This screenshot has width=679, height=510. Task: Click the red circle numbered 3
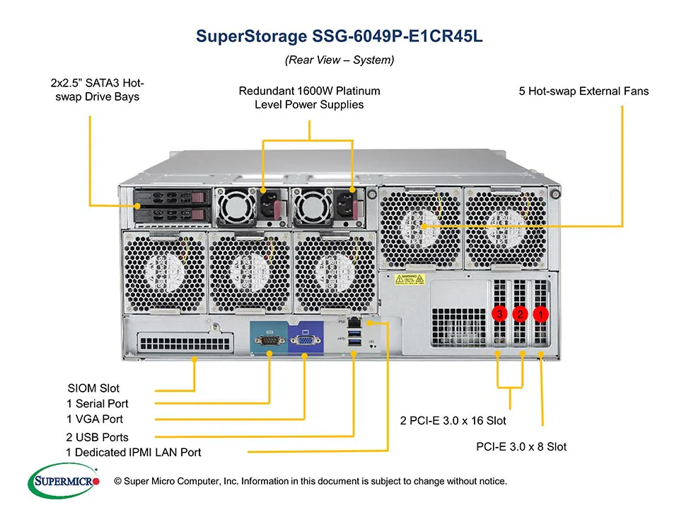499,313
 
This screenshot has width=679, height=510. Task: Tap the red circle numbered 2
521,313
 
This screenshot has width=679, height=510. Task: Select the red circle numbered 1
541,313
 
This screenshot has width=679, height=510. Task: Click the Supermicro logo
64,482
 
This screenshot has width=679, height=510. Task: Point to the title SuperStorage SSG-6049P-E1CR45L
339,37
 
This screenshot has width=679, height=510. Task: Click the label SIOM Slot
93,388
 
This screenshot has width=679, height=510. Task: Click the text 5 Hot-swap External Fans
584,91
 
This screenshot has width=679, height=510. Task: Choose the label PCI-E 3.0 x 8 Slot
521,447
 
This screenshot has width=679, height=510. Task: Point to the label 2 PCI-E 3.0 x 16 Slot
453,421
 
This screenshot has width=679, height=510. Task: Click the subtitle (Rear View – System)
339,60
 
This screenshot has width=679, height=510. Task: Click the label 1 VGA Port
95,419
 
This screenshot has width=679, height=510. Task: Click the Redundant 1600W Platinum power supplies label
309,98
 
